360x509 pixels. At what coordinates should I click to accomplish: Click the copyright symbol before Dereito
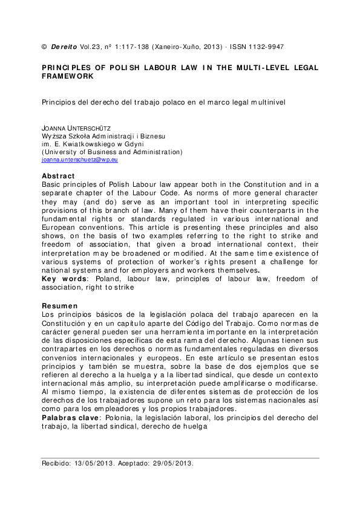43,47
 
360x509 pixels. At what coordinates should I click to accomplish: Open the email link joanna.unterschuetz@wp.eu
79,160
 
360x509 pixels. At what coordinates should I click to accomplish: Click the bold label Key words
64,280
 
